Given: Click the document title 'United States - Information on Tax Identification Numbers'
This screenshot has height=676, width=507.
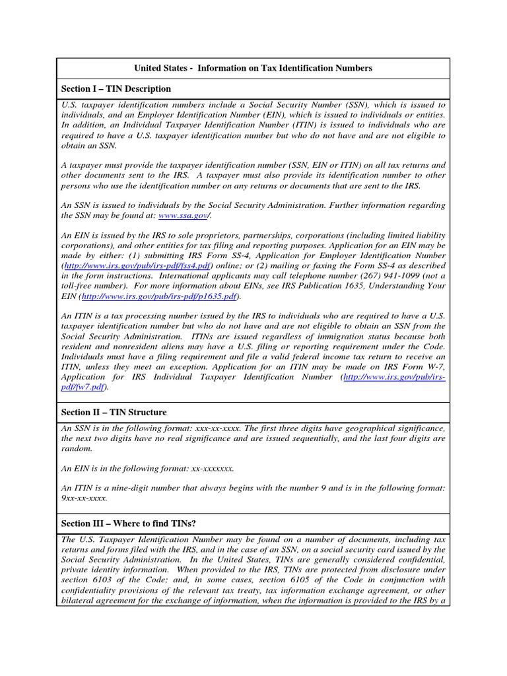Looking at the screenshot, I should [253, 68].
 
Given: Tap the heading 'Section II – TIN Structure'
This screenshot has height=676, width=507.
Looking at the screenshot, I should [114, 413].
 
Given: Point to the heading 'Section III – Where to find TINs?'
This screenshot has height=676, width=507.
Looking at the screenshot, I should [129, 524].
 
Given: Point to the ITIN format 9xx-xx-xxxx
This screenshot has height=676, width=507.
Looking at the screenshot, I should [84, 498].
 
